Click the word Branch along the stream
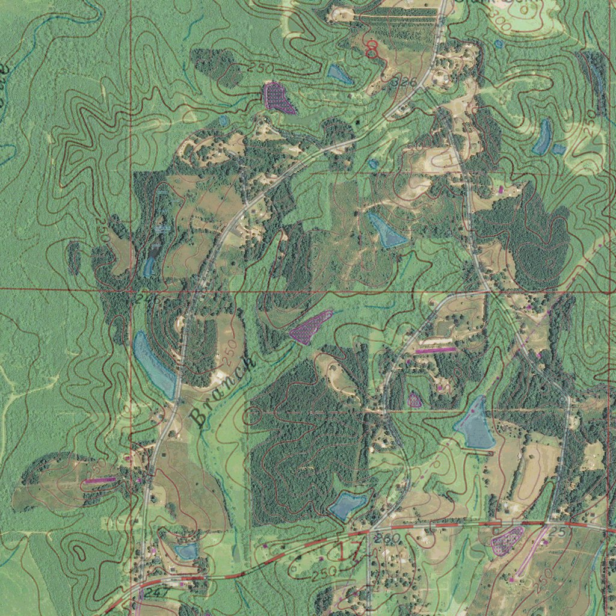click(223, 391)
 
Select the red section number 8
click(372, 49)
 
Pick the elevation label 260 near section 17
click(385, 538)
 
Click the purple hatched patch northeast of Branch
click(311, 327)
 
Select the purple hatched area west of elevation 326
click(278, 97)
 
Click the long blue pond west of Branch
click(153, 365)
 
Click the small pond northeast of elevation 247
click(186, 550)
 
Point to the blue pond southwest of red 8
click(340, 74)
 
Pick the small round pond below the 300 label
click(499, 43)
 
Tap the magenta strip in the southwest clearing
click(99, 481)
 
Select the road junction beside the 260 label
click(369, 532)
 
